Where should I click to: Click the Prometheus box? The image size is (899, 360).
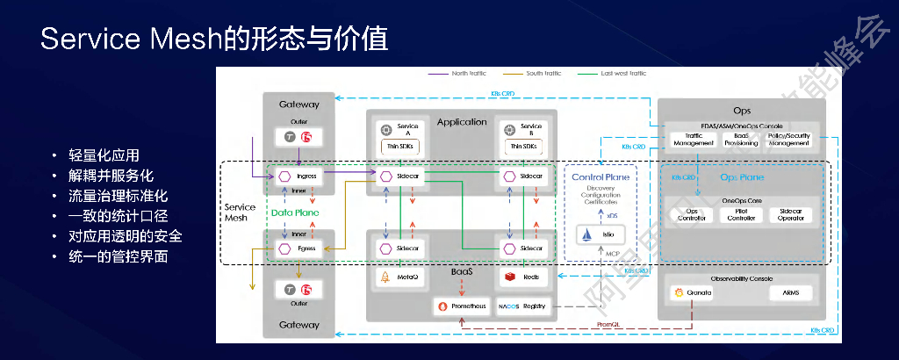460,306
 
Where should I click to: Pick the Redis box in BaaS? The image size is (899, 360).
524,277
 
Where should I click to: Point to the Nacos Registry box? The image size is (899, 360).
523,306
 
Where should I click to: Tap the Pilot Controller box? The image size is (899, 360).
742,214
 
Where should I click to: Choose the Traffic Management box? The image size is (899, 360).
694,140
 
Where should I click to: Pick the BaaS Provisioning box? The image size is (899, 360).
741,140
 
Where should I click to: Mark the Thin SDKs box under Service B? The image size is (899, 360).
524,146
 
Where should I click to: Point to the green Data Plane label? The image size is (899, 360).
294,213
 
